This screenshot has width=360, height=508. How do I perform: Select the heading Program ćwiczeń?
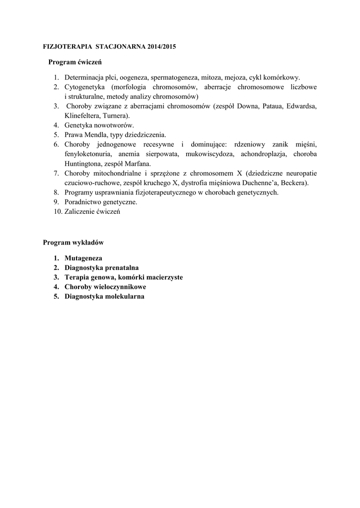[x=75, y=63]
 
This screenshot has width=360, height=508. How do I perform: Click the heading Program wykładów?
[x=73, y=243]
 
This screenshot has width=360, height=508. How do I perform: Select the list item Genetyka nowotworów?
[x=99, y=125]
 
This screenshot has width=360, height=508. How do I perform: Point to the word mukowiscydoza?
[x=208, y=154]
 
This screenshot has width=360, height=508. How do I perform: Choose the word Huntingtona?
[x=84, y=163]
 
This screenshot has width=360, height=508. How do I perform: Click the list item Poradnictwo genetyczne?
[x=101, y=202]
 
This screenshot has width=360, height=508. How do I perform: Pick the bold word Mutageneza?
[x=83, y=258]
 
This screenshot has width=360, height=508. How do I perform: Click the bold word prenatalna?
[x=121, y=268]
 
